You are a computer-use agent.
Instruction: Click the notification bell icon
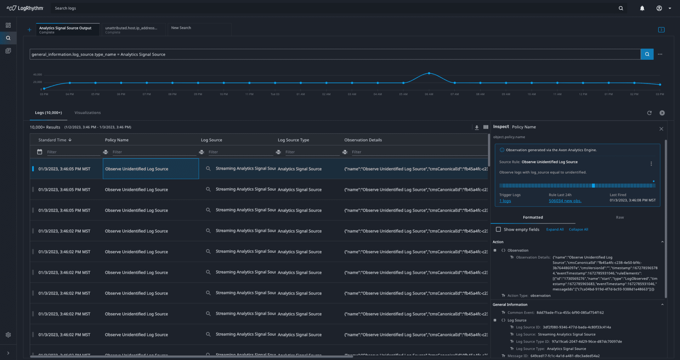642,8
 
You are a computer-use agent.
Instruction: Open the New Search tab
181,28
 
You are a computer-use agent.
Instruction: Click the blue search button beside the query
647,54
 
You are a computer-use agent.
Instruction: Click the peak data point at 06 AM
429,73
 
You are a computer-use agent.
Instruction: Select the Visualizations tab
87,113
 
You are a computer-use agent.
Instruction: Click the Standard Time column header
52,140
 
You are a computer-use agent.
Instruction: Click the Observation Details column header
363,140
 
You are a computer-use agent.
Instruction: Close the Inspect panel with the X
661,129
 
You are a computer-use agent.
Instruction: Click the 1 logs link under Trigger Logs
505,201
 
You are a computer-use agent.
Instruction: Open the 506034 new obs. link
565,201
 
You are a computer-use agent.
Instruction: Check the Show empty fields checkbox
498,229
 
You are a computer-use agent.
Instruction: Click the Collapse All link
578,229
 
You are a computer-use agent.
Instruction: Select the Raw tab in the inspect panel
619,217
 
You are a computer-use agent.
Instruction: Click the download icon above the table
477,127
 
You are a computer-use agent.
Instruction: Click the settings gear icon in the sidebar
8,335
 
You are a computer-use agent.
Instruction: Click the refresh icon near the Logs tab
649,113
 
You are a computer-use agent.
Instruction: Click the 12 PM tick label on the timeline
583,94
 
